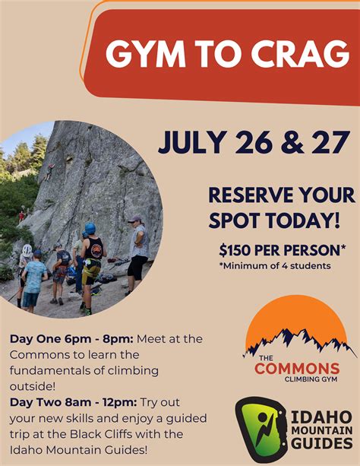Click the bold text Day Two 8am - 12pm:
click(x=71, y=402)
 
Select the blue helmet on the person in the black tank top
click(x=90, y=228)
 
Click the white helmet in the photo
click(x=27, y=249)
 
